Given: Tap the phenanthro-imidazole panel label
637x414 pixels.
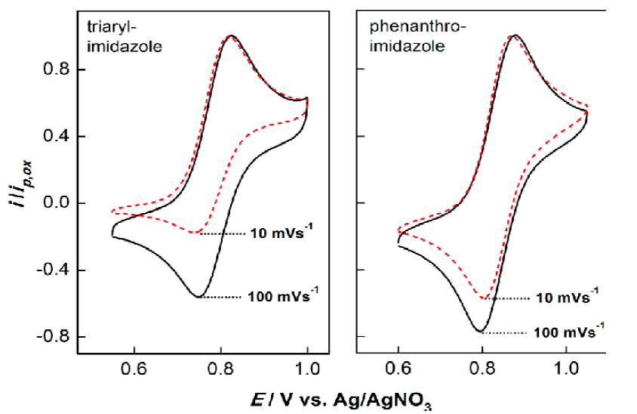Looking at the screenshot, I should point(408,38).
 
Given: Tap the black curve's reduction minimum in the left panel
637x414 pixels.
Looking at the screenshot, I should point(198,297).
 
